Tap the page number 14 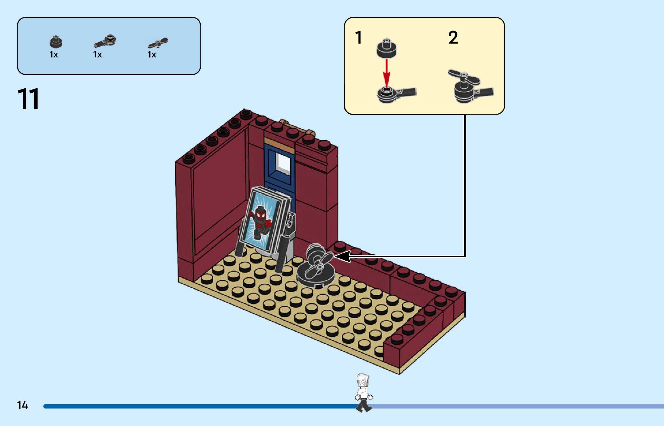coord(22,405)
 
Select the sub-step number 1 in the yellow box coord(358,38)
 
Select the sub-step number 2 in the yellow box coord(453,38)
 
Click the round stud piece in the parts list coord(56,42)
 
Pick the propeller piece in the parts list coord(158,43)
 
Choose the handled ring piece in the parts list coord(105,41)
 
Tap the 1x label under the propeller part coord(152,55)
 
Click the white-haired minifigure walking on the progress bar coord(363,393)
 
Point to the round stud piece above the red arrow coord(386,48)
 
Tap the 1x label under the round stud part coord(54,55)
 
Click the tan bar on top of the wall coord(297,127)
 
